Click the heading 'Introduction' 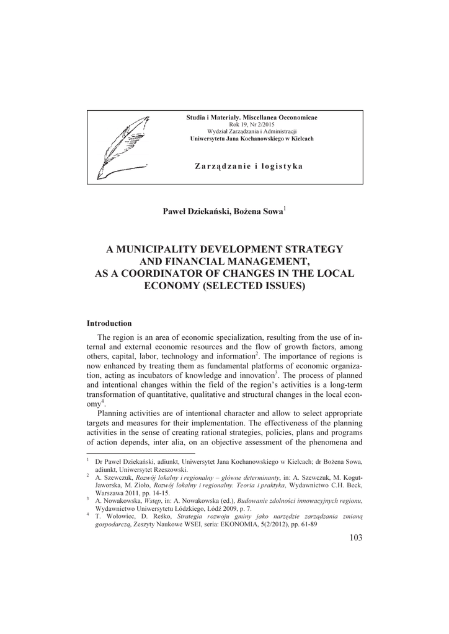point(109,323)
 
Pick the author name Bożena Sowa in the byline point(259,212)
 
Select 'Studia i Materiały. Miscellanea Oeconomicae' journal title point(252,118)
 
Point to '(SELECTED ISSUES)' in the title point(253,286)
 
